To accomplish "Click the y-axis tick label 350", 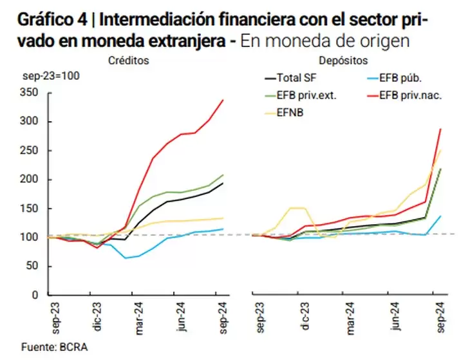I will click(x=30, y=93).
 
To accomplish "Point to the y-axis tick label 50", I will click(x=33, y=266).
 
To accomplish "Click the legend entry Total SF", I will click(x=294, y=79).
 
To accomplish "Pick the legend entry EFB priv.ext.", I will click(x=303, y=96).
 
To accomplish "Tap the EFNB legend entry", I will click(x=289, y=113).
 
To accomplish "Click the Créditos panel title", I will click(x=129, y=60).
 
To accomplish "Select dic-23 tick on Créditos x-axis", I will click(x=99, y=316).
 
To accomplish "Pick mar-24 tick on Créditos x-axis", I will click(x=140, y=316).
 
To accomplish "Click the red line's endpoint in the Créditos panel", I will click(x=223, y=100).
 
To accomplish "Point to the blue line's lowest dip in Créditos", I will click(x=126, y=258).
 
